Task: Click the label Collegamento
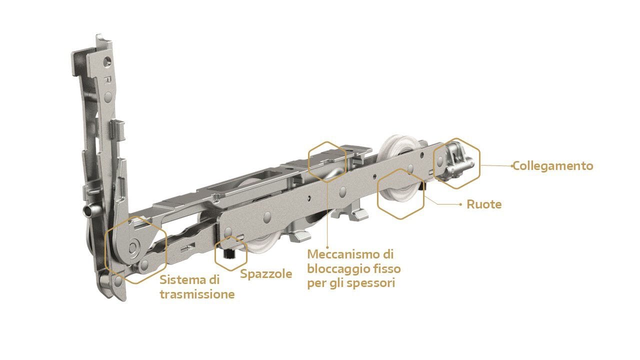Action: tap(553, 166)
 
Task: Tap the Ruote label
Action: tap(484, 204)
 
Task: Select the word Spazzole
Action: tap(266, 274)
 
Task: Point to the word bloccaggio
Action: tap(338, 269)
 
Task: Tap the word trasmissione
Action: tap(197, 294)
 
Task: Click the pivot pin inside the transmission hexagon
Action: tap(133, 246)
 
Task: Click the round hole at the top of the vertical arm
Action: tap(107, 61)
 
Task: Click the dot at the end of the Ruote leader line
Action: tap(460, 204)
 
